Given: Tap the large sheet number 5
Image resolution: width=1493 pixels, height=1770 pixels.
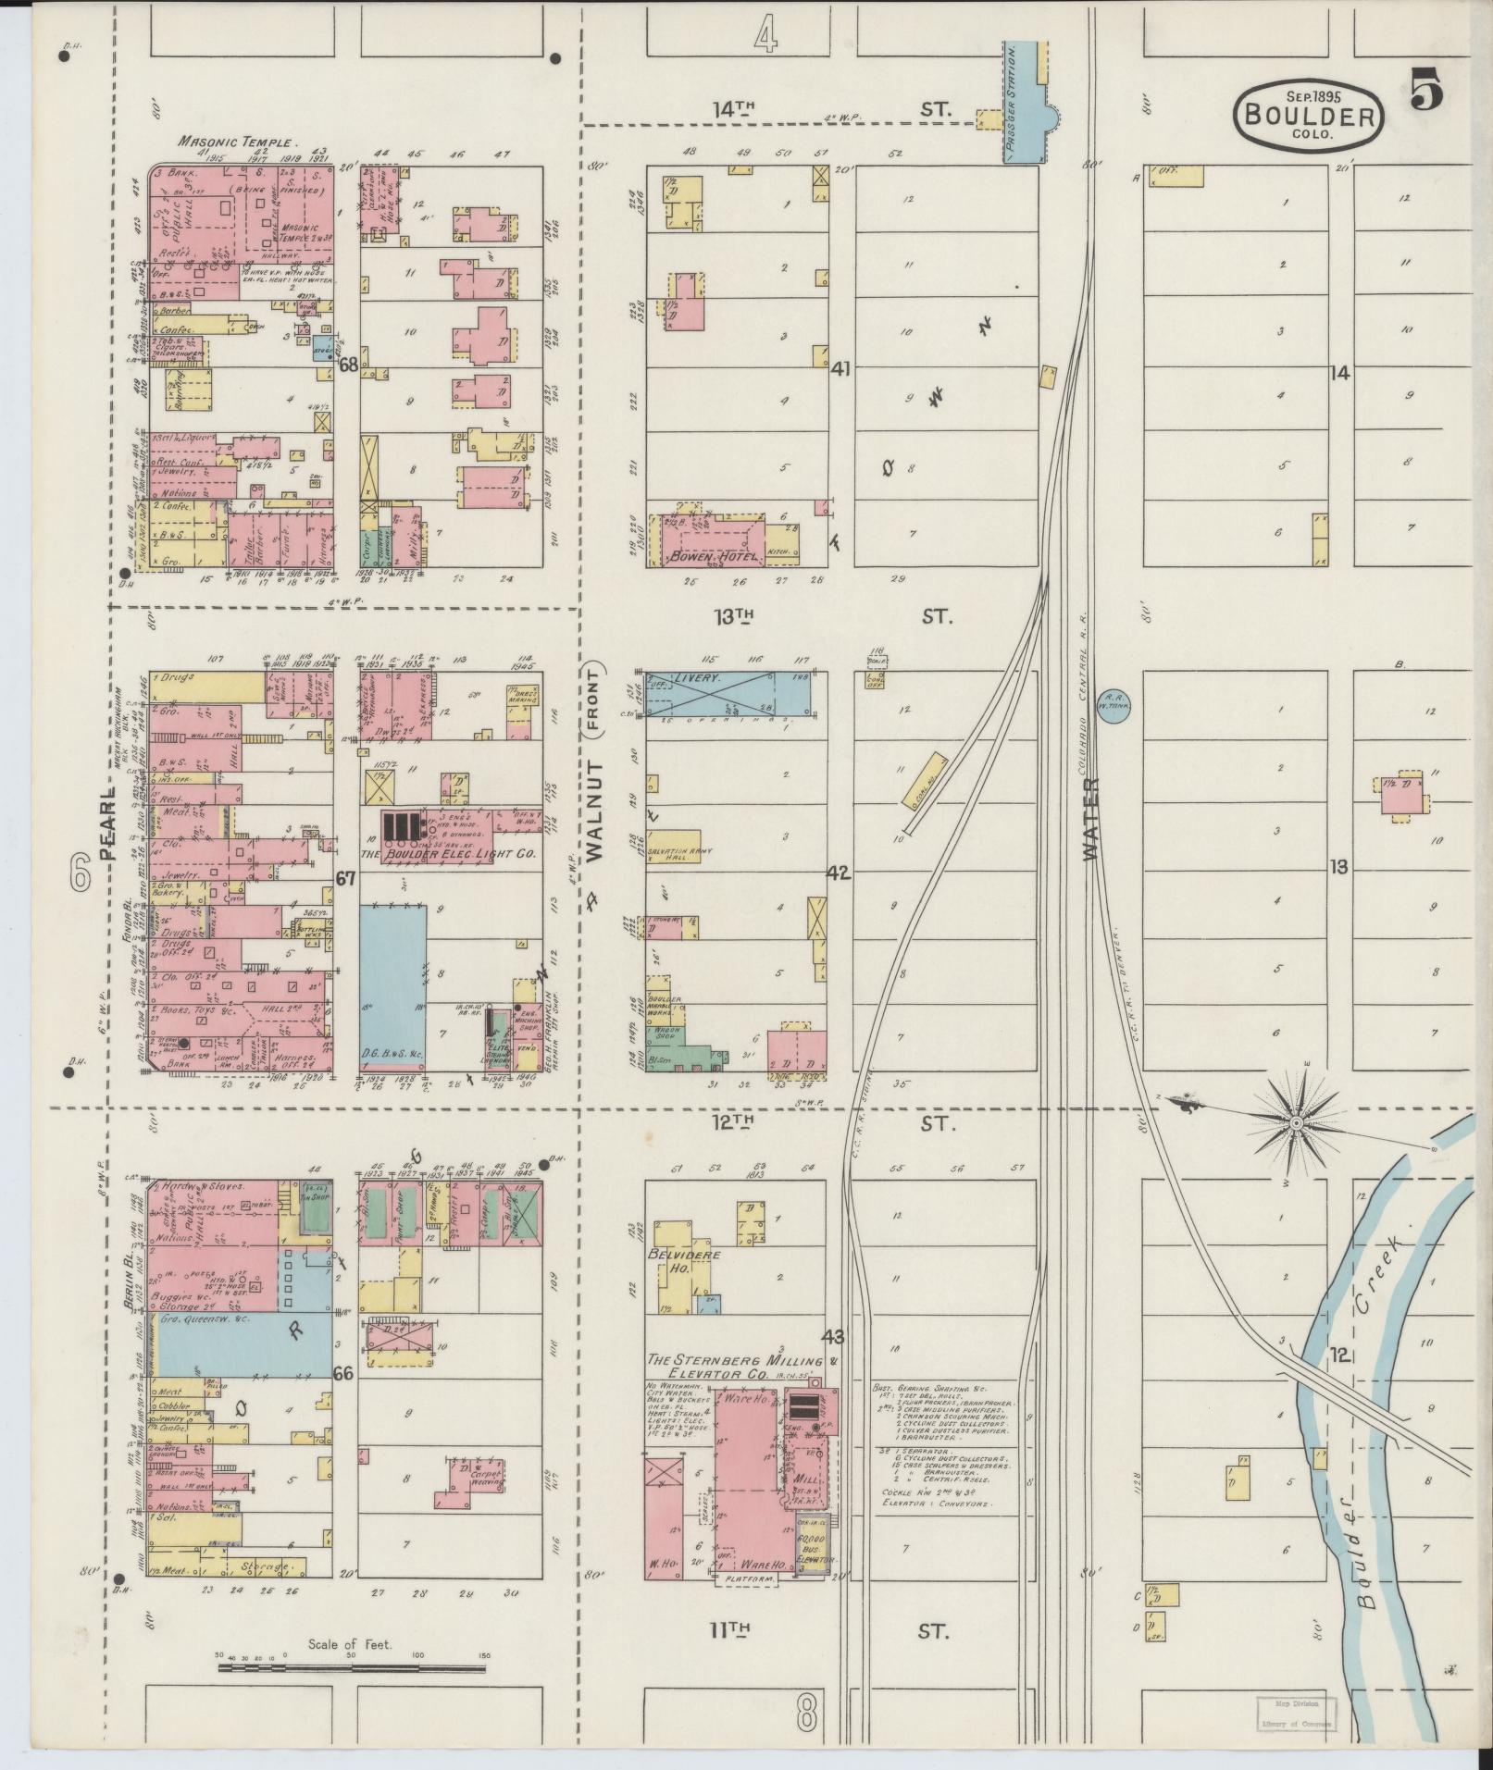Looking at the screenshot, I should point(1426,91).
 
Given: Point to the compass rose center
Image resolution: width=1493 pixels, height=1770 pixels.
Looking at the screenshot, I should point(1297,1122).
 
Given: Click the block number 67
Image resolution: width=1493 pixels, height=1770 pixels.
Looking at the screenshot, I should point(346,879).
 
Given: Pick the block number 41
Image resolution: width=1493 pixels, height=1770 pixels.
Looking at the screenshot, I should point(840,368).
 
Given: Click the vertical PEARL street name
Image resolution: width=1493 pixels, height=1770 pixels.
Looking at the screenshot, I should point(108,823).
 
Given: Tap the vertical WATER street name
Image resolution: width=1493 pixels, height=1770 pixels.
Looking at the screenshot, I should point(1090,820).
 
